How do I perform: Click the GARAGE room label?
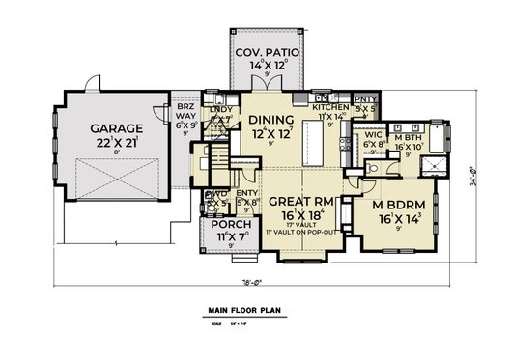[x=118, y=127]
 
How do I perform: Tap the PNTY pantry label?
[x=365, y=99]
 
